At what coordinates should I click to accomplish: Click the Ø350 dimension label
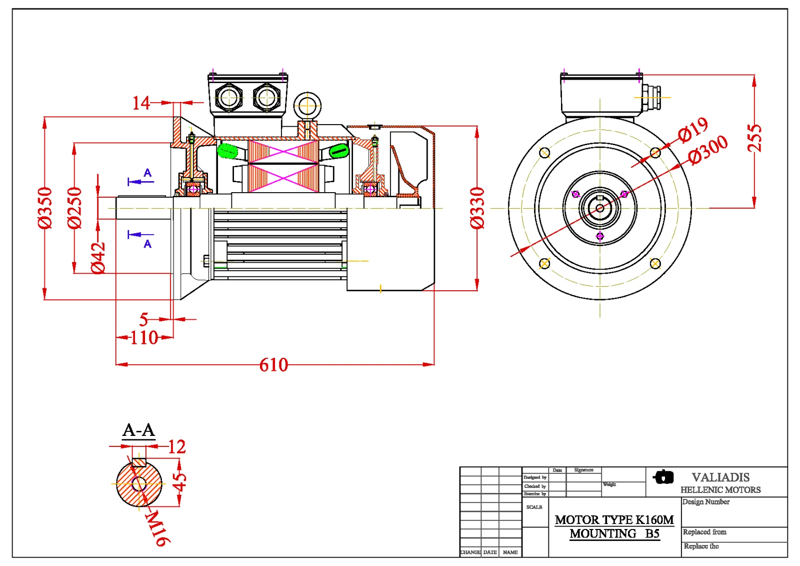pyautogui.click(x=45, y=208)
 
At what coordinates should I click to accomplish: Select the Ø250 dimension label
pyautogui.click(x=74, y=208)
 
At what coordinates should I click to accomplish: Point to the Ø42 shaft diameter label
pyautogui.click(x=98, y=258)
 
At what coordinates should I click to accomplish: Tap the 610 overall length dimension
pyautogui.click(x=273, y=365)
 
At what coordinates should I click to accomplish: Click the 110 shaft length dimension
pyautogui.click(x=144, y=338)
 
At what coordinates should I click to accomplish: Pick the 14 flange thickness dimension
pyautogui.click(x=141, y=103)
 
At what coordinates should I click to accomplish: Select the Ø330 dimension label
pyautogui.click(x=477, y=208)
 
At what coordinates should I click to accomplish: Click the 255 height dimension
pyautogui.click(x=754, y=138)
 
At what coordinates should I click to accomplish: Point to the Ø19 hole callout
pyautogui.click(x=693, y=129)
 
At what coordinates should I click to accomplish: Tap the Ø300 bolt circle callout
pyautogui.click(x=708, y=150)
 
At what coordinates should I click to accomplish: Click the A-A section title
pyautogui.click(x=138, y=430)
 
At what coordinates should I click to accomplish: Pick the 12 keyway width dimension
pyautogui.click(x=176, y=446)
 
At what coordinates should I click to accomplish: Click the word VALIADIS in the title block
pyautogui.click(x=720, y=477)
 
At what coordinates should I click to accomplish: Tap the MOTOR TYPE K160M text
pyautogui.click(x=614, y=520)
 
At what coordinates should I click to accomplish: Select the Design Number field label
pyautogui.click(x=705, y=502)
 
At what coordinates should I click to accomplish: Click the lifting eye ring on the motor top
pyautogui.click(x=307, y=106)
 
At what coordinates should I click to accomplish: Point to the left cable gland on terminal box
pyautogui.click(x=229, y=97)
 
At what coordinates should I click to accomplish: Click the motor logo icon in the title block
pyautogui.click(x=663, y=477)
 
